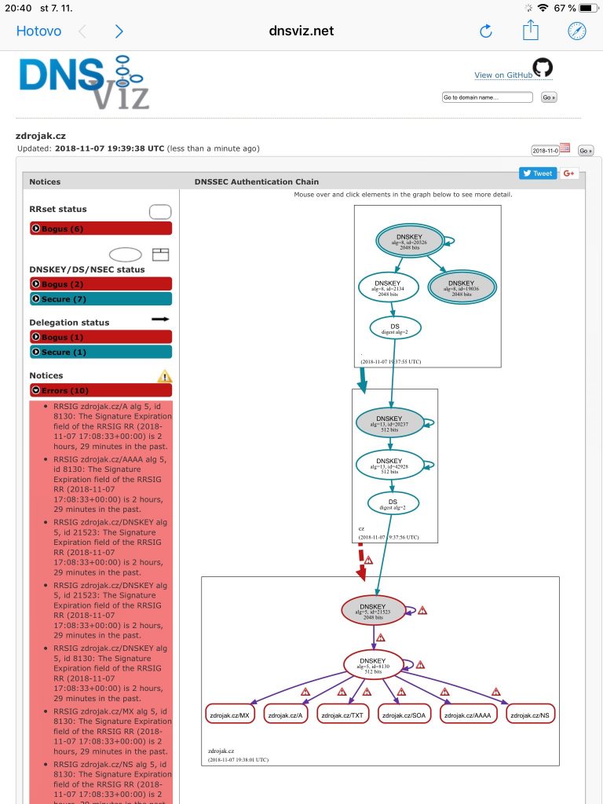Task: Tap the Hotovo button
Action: pyautogui.click(x=38, y=31)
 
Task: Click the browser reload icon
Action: pyautogui.click(x=485, y=31)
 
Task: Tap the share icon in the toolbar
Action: pyautogui.click(x=531, y=31)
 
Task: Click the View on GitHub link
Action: pyautogui.click(x=503, y=75)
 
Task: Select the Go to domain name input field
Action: pyautogui.click(x=488, y=97)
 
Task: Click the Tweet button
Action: pyautogui.click(x=538, y=174)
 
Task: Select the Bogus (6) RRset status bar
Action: pyautogui.click(x=100, y=228)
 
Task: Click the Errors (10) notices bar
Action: pyautogui.click(x=100, y=390)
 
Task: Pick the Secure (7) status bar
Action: pyautogui.click(x=100, y=299)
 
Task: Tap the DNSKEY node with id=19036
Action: pyautogui.click(x=462, y=287)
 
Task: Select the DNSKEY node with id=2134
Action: pyautogui.click(x=387, y=287)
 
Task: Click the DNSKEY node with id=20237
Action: pyautogui.click(x=389, y=423)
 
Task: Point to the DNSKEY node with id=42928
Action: pyautogui.click(x=389, y=465)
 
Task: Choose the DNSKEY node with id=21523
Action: pyautogui.click(x=373, y=611)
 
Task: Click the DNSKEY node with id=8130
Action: pyautogui.click(x=373, y=665)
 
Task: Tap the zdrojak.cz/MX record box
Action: pyautogui.click(x=229, y=715)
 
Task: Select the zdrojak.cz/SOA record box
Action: pyautogui.click(x=405, y=715)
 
